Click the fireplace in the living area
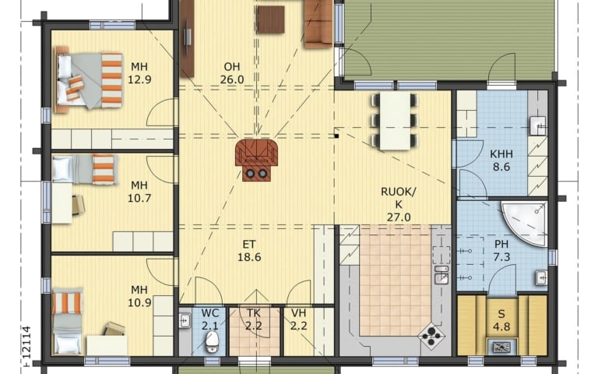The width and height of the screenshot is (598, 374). click(256, 160)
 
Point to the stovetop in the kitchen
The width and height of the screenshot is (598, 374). click(431, 337)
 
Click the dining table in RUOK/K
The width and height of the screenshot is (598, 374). click(395, 121)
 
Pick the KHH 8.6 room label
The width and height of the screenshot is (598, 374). click(501, 161)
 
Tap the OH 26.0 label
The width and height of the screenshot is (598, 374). click(232, 73)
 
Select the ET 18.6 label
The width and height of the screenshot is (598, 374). click(249, 251)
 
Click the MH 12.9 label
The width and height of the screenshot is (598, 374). click(139, 73)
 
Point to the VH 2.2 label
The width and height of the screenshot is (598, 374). click(299, 319)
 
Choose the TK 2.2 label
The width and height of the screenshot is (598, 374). click(254, 319)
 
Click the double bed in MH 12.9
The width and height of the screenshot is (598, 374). click(89, 79)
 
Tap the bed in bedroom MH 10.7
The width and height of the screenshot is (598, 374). click(83, 169)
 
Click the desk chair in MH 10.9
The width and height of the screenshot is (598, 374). click(114, 329)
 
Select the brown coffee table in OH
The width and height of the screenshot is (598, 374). click(270, 19)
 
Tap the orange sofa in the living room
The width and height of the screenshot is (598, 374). click(318, 23)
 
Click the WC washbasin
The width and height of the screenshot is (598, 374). click(185, 320)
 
